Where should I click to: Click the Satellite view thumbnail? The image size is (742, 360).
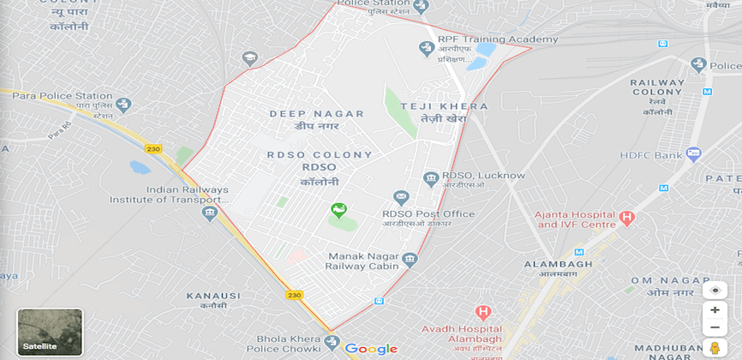point(50,333)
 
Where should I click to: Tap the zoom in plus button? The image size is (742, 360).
point(715,309)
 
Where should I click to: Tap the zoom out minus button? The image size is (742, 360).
point(715,327)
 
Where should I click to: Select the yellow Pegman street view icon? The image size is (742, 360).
point(715,348)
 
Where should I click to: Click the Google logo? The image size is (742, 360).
point(371,349)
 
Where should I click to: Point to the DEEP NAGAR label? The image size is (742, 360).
point(317,114)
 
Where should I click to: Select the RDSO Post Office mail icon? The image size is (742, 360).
point(400,198)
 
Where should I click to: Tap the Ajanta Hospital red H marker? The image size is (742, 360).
point(627,219)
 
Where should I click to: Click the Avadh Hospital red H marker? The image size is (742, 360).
point(483,314)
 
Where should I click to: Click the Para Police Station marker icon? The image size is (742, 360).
point(124,105)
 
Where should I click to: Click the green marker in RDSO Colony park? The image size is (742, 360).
point(339,211)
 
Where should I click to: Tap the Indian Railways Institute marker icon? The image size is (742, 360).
point(210,213)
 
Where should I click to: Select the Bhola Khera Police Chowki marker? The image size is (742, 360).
point(332,343)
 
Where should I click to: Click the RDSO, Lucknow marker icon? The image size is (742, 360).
point(432,178)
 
